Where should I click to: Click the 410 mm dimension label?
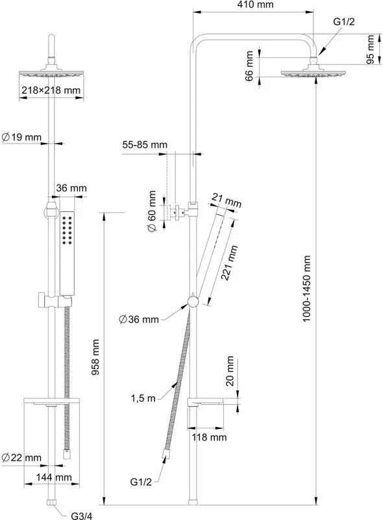tap(256, 5)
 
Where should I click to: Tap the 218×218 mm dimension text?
tap(51, 90)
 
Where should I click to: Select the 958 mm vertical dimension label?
tap(95, 357)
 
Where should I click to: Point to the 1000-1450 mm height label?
tap(306, 289)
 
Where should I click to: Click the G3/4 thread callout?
tap(82, 515)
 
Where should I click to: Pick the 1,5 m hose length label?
tap(143, 398)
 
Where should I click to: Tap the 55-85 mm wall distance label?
tap(145, 144)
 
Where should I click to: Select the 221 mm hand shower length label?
tap(230, 263)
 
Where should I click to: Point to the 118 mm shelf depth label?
tap(210, 437)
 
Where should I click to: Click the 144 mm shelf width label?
tap(54, 477)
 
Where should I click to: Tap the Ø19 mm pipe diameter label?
tap(22, 137)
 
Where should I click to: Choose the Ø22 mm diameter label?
tap(21, 458)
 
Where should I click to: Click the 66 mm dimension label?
tap(249, 66)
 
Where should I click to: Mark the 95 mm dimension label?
tap(371, 49)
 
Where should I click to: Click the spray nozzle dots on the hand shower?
tap(68, 231)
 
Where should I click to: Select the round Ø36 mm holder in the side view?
tap(193, 302)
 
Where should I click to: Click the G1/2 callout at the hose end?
tap(141, 482)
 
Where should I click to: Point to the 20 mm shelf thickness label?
tap(230, 371)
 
